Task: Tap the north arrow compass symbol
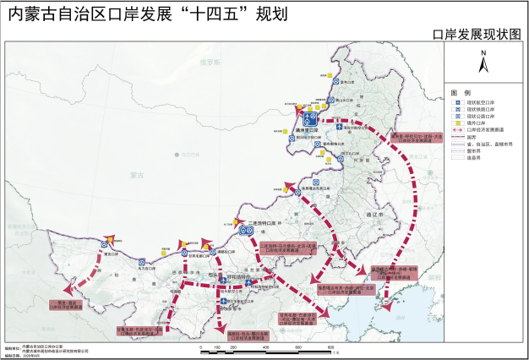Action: tap(483, 61)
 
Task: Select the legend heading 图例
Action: tap(461, 91)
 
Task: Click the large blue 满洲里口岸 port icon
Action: tap(309, 117)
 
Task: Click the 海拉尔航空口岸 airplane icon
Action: tap(339, 127)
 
